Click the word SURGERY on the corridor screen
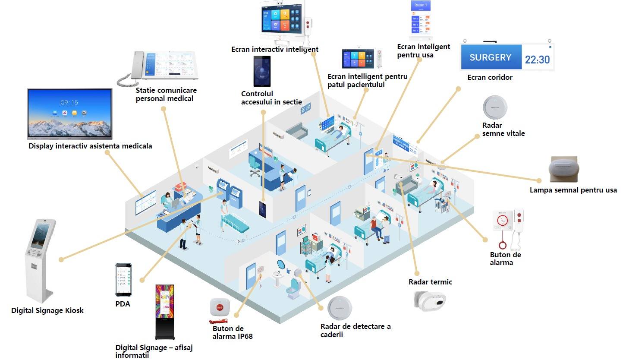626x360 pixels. pyautogui.click(x=490, y=57)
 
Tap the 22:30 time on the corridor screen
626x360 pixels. pyautogui.click(x=537, y=60)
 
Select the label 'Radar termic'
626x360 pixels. pyautogui.click(x=430, y=282)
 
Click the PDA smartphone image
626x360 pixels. pyautogui.click(x=123, y=279)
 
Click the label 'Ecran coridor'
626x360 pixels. pyautogui.click(x=490, y=77)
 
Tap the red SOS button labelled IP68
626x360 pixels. pyautogui.click(x=219, y=308)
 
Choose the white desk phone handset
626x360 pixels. pyautogui.click(x=137, y=65)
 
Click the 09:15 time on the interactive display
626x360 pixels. pyautogui.click(x=69, y=103)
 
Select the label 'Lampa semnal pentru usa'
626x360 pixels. pyautogui.click(x=573, y=190)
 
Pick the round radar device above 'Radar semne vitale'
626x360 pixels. pyautogui.click(x=494, y=107)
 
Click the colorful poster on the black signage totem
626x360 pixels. pyautogui.click(x=165, y=301)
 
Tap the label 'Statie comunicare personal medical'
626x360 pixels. pyautogui.click(x=166, y=95)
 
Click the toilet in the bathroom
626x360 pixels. pyautogui.click(x=293, y=288)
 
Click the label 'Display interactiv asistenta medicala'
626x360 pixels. pyautogui.click(x=90, y=146)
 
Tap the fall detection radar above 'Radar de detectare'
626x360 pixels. pyautogui.click(x=340, y=308)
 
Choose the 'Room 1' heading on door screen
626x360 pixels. pyautogui.click(x=420, y=5)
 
